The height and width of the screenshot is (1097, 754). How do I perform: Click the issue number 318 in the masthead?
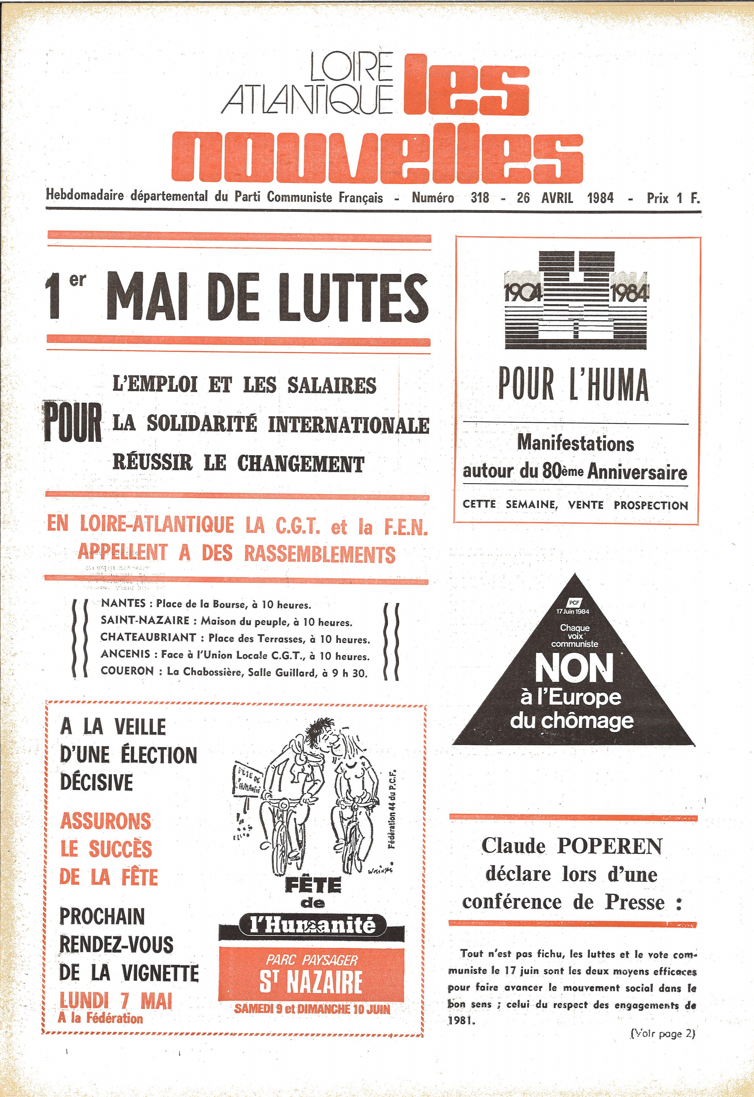coord(480,197)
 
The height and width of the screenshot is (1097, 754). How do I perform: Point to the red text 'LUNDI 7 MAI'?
coord(116,1000)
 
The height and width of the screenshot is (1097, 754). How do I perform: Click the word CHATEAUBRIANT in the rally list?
coord(148,637)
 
